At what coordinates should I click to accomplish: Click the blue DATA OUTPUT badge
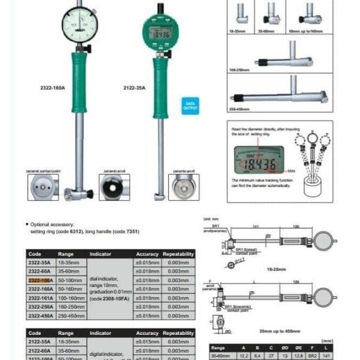[x=189, y=106]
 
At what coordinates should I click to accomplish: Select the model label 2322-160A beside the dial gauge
[x=53, y=87]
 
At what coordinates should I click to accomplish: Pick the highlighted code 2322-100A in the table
[x=41, y=280]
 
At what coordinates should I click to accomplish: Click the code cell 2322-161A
[x=41, y=297]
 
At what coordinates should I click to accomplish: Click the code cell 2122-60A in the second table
[x=41, y=350]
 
